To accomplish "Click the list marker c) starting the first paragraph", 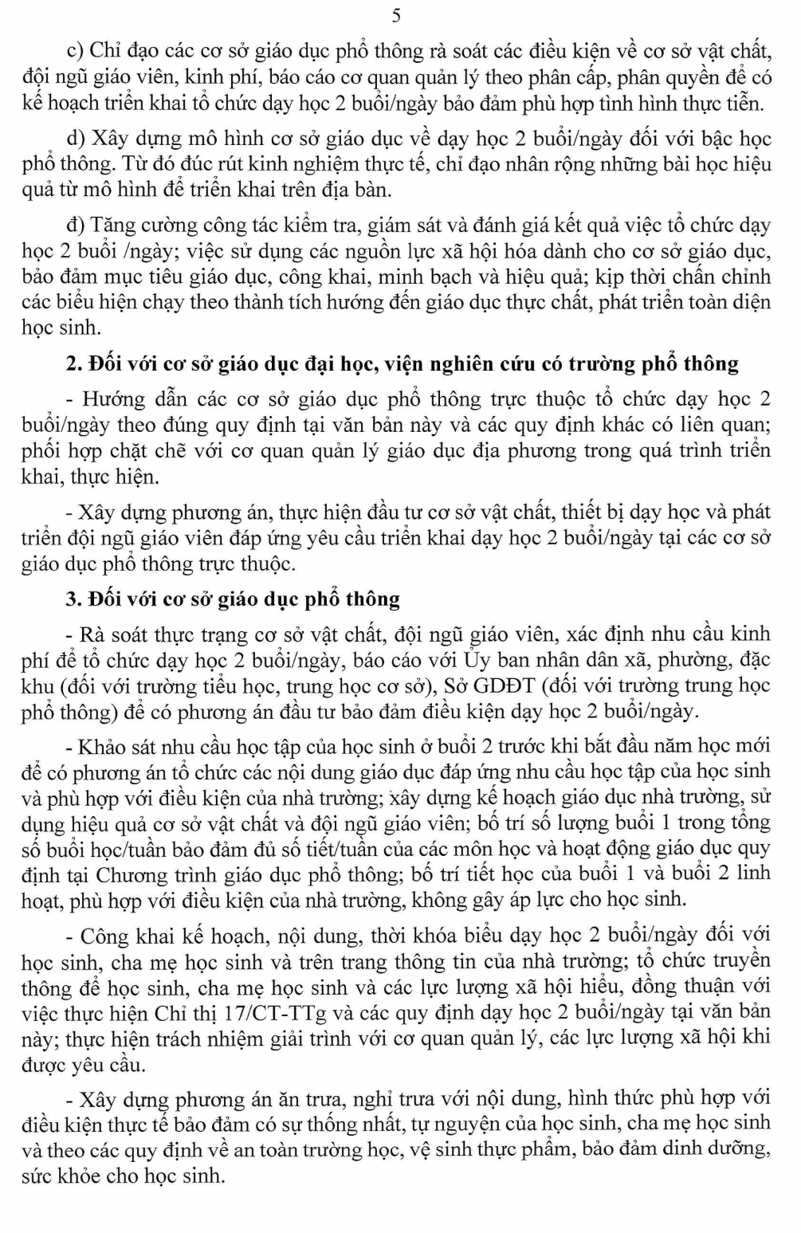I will pyautogui.click(x=76, y=52).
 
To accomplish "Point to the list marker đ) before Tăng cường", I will pyautogui.click(x=77, y=226).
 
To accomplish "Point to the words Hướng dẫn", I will pyautogui.click(x=120, y=399).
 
